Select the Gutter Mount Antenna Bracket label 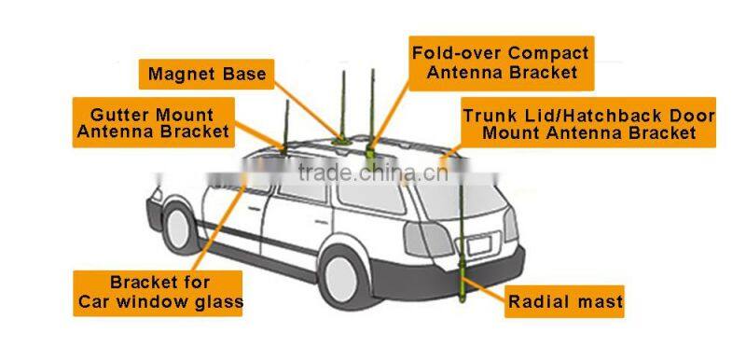click(153, 122)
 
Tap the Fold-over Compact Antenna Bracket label click(502, 62)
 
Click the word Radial click(542, 301)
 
